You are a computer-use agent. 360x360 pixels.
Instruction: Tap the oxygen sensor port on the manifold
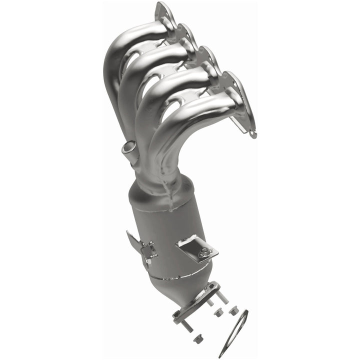[129, 149]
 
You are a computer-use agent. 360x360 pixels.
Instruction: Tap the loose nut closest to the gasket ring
[233, 311]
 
